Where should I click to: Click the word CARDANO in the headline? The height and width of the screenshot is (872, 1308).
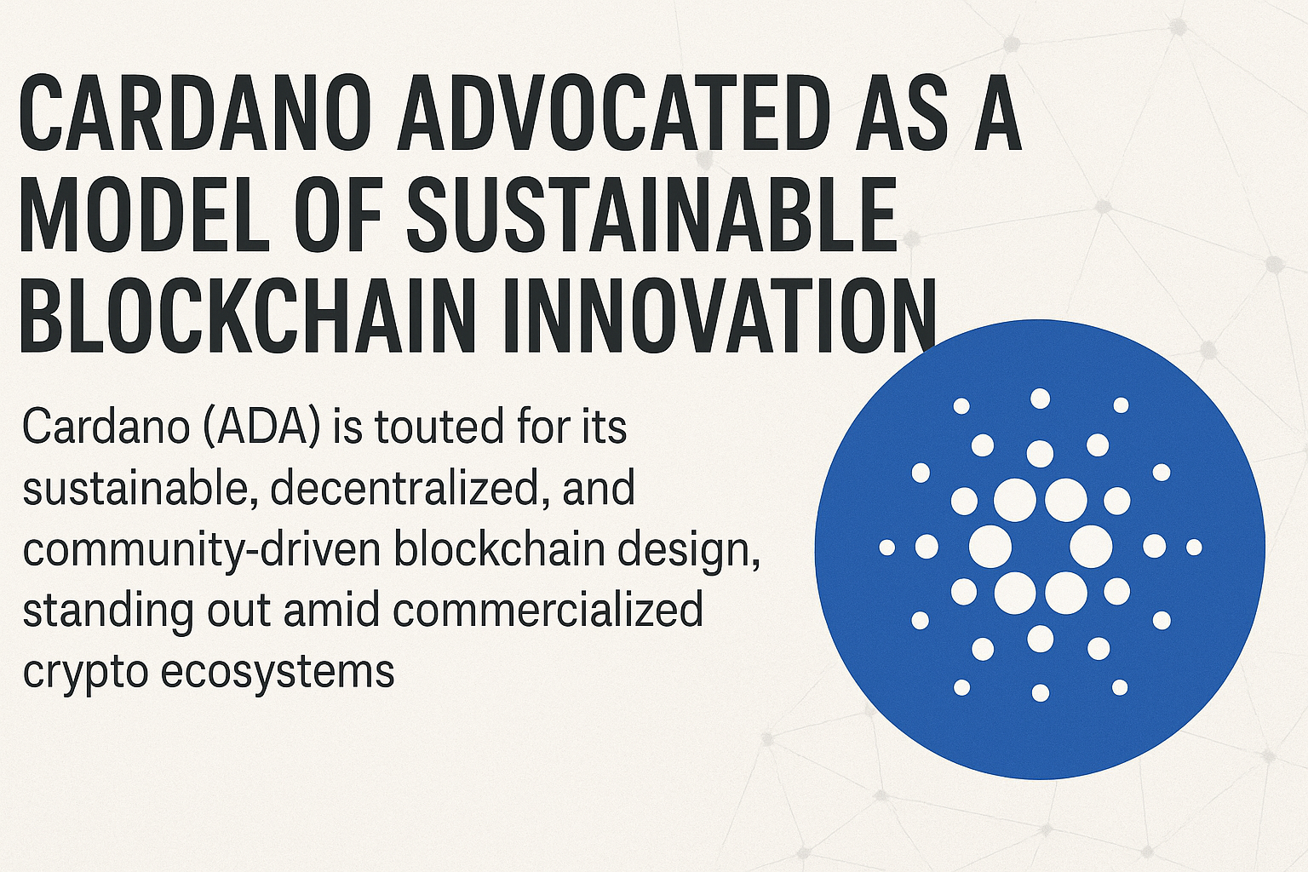pos(195,113)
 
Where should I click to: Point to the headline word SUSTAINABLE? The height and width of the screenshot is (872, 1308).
pos(651,214)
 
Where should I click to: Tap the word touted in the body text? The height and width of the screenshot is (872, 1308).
pos(439,427)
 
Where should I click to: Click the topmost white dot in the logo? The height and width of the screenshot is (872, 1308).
pos(1040,399)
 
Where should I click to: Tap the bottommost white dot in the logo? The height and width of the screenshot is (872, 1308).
pos(1041,692)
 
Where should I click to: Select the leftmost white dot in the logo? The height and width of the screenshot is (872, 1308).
pos(887,548)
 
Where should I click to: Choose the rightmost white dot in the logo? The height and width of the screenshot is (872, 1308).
pos(1194,548)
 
